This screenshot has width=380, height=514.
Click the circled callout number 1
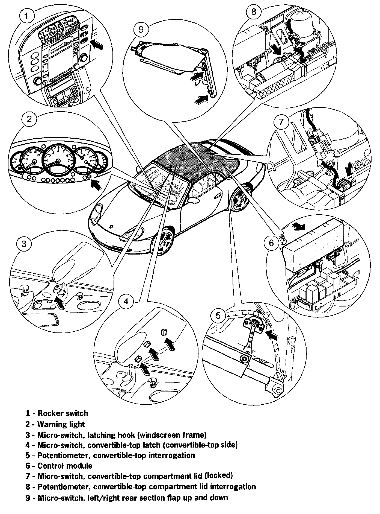click(x=26, y=16)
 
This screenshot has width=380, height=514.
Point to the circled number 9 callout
click(x=141, y=29)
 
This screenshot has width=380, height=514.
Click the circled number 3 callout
click(x=24, y=243)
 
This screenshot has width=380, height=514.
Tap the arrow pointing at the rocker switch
click(x=98, y=44)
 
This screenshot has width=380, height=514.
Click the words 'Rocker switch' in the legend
click(x=63, y=413)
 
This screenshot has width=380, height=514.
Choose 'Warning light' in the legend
click(x=61, y=424)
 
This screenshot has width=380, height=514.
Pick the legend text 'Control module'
click(x=65, y=466)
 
